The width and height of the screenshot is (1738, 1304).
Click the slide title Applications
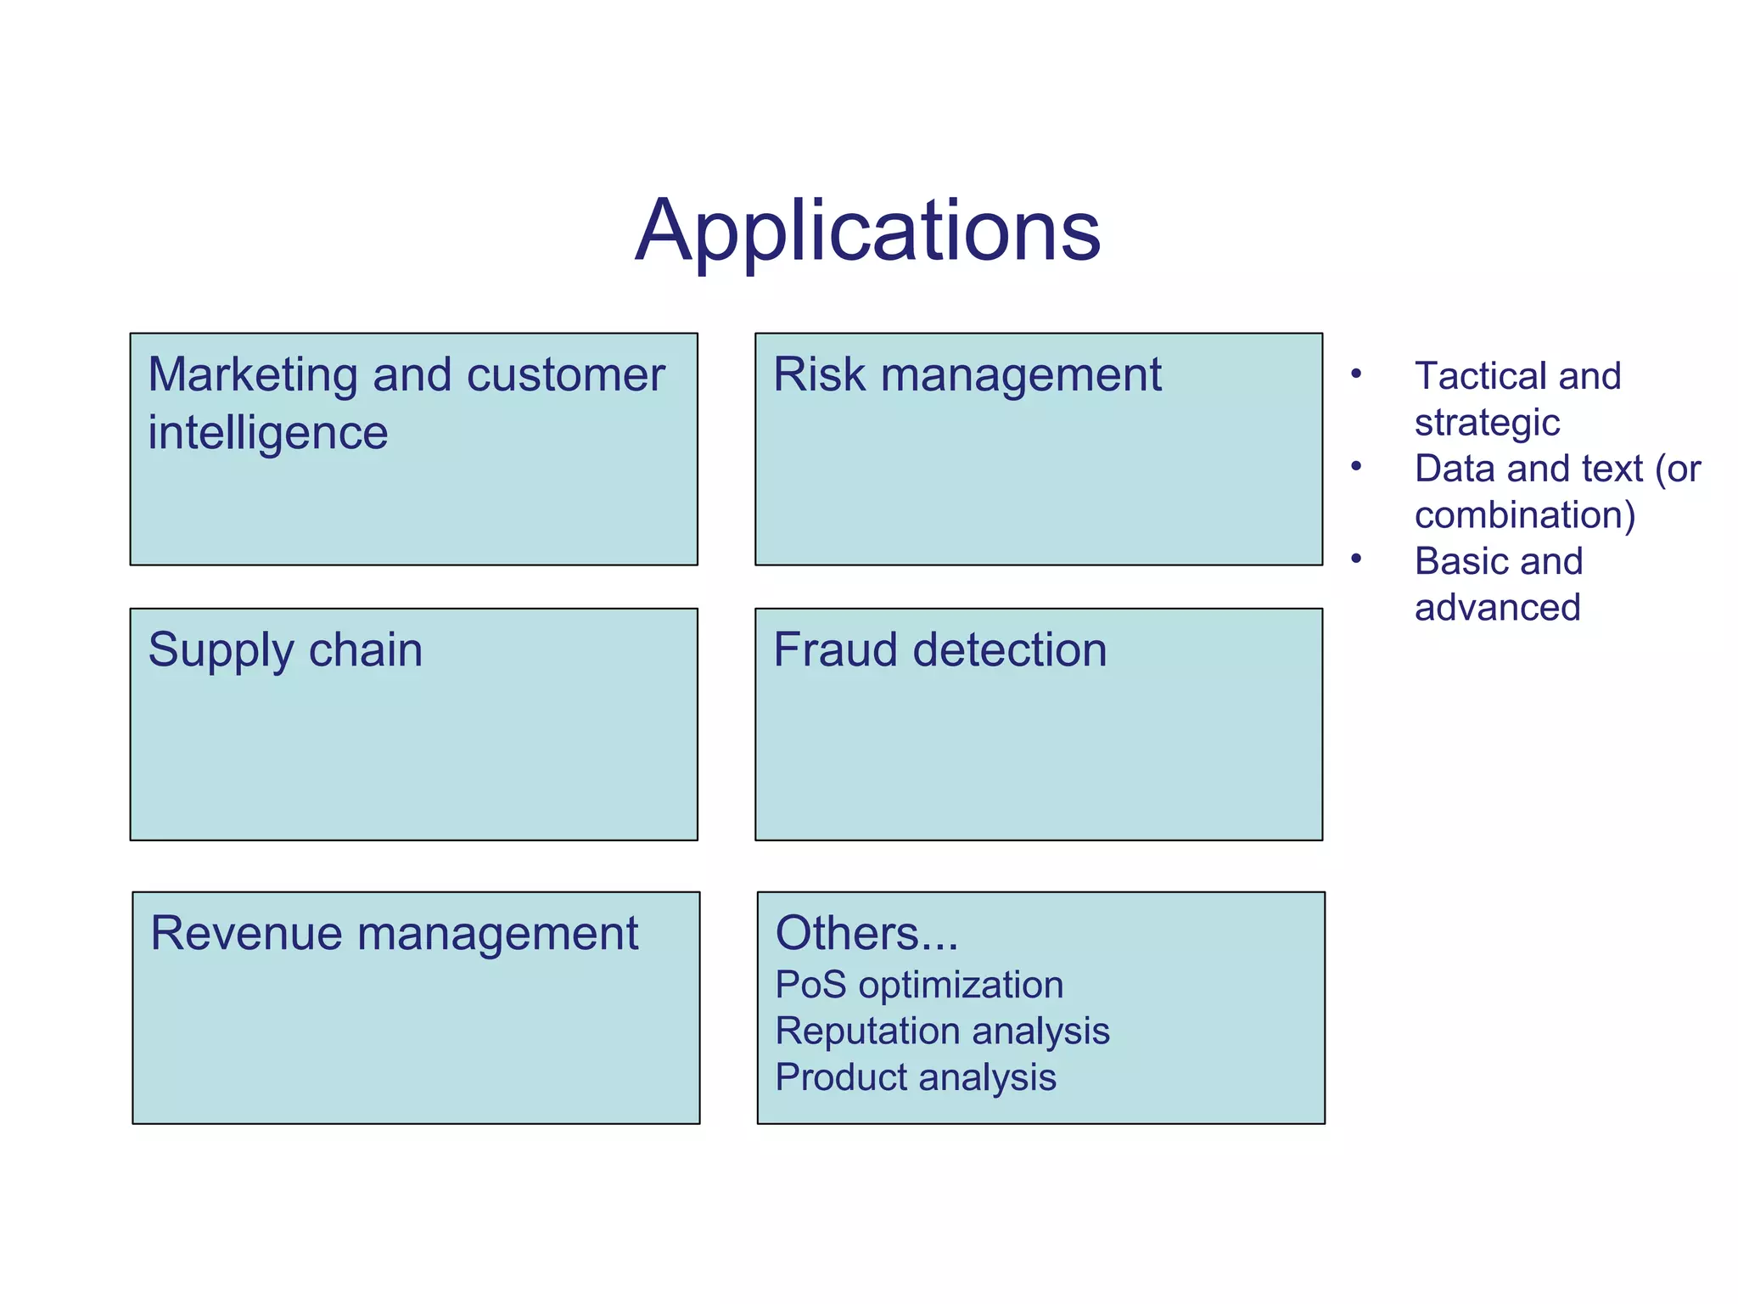(x=867, y=231)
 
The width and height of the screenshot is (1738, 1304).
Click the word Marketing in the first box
(x=252, y=375)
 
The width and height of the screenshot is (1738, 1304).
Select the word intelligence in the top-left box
(x=267, y=433)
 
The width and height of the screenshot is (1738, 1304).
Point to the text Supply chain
(x=285, y=650)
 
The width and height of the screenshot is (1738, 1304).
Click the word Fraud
(x=835, y=650)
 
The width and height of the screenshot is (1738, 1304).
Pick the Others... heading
(x=866, y=934)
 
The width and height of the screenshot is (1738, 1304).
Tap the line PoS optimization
(x=919, y=985)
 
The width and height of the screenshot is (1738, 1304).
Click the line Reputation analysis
(x=942, y=1031)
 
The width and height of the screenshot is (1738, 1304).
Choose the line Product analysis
(x=916, y=1077)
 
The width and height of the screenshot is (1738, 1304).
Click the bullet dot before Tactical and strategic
(x=1356, y=374)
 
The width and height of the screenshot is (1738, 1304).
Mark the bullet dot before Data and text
(x=1356, y=466)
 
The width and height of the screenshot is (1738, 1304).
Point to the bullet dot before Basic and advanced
(x=1356, y=559)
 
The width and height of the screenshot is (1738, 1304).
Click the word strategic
(x=1487, y=423)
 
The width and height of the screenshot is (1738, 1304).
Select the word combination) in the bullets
(x=1525, y=515)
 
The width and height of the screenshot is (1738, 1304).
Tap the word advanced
(x=1498, y=608)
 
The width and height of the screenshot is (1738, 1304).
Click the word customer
(x=565, y=375)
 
